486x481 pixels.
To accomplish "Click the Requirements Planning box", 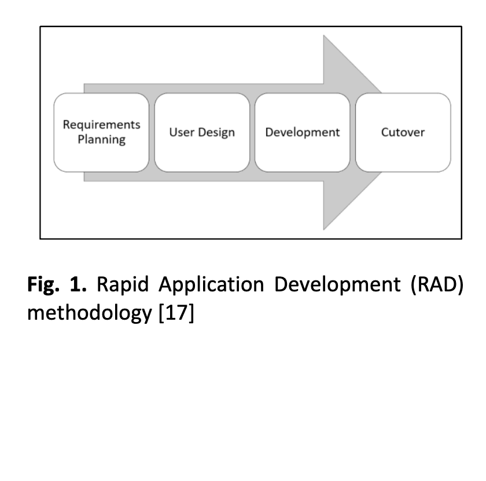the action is (x=101, y=132).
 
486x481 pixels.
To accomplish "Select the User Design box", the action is (x=202, y=132).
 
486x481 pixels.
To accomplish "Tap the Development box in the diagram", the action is (x=303, y=132).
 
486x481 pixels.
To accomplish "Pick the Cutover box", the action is (x=403, y=132).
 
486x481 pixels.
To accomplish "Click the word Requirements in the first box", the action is (x=102, y=125).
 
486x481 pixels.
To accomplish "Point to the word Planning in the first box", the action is (x=102, y=139).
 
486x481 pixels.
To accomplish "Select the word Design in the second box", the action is (x=216, y=132).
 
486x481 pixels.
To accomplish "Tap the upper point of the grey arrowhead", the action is (x=323, y=35).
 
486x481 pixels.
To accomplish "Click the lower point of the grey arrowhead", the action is (x=323, y=230).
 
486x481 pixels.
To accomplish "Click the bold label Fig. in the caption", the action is (x=43, y=284).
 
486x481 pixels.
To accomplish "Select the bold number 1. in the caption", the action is (x=78, y=284).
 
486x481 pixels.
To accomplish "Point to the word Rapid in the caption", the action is (x=123, y=284).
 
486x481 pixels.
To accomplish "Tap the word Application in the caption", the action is (x=211, y=284).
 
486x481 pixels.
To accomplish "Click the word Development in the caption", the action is (x=337, y=284).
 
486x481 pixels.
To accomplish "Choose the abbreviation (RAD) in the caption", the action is (x=437, y=284).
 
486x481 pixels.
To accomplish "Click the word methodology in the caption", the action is (x=90, y=313).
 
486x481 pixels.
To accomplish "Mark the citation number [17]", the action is (x=176, y=313).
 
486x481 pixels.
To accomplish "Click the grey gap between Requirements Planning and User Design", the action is (x=152, y=132).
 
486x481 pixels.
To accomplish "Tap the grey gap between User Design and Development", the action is (x=252, y=132).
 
